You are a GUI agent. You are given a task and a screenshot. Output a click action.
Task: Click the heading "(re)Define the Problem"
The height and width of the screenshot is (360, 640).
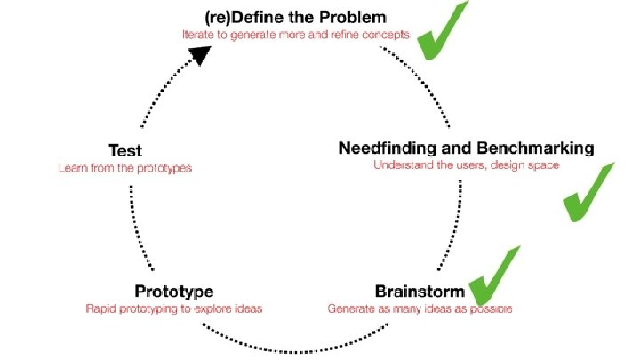click(296, 17)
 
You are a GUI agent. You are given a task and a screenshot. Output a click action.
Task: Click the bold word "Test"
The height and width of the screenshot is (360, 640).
click(124, 150)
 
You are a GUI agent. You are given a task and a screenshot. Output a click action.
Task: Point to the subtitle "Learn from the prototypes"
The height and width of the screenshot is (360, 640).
click(124, 167)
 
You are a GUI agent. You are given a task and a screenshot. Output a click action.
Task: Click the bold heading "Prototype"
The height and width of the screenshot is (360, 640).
click(173, 292)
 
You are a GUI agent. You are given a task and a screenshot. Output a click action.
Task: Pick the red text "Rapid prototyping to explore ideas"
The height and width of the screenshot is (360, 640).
click(173, 309)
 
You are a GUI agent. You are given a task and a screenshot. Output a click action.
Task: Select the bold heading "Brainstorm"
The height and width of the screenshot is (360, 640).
click(420, 292)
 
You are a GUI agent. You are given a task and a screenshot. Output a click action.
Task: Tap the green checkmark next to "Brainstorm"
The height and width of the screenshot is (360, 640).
click(493, 277)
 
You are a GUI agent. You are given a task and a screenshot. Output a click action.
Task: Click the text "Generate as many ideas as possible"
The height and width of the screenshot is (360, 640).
click(420, 309)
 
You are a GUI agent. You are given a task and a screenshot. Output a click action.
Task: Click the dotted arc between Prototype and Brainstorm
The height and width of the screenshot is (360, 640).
click(293, 349)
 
